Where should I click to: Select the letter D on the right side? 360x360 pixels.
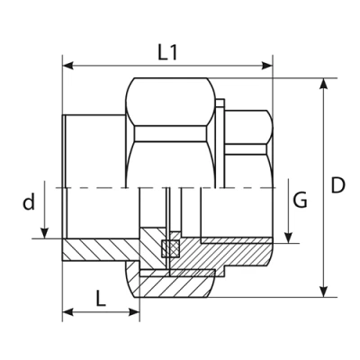coord(337,186)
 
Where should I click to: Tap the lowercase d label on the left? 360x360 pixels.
coord(29,202)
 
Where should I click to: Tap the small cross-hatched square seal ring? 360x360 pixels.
coord(167,249)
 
